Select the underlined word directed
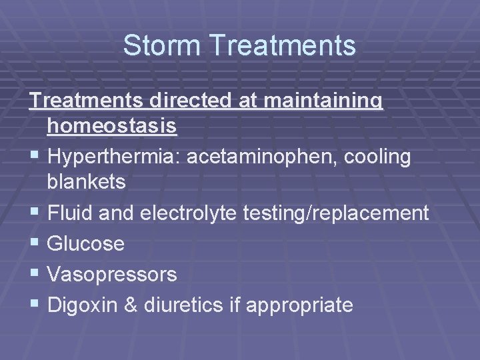pyautogui.click(x=193, y=101)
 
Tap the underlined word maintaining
pyautogui.click(x=325, y=101)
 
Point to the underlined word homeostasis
pyautogui.click(x=112, y=126)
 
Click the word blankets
pyautogui.click(x=86, y=182)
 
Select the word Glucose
pyautogui.click(x=86, y=244)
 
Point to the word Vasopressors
pyautogui.click(x=112, y=274)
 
